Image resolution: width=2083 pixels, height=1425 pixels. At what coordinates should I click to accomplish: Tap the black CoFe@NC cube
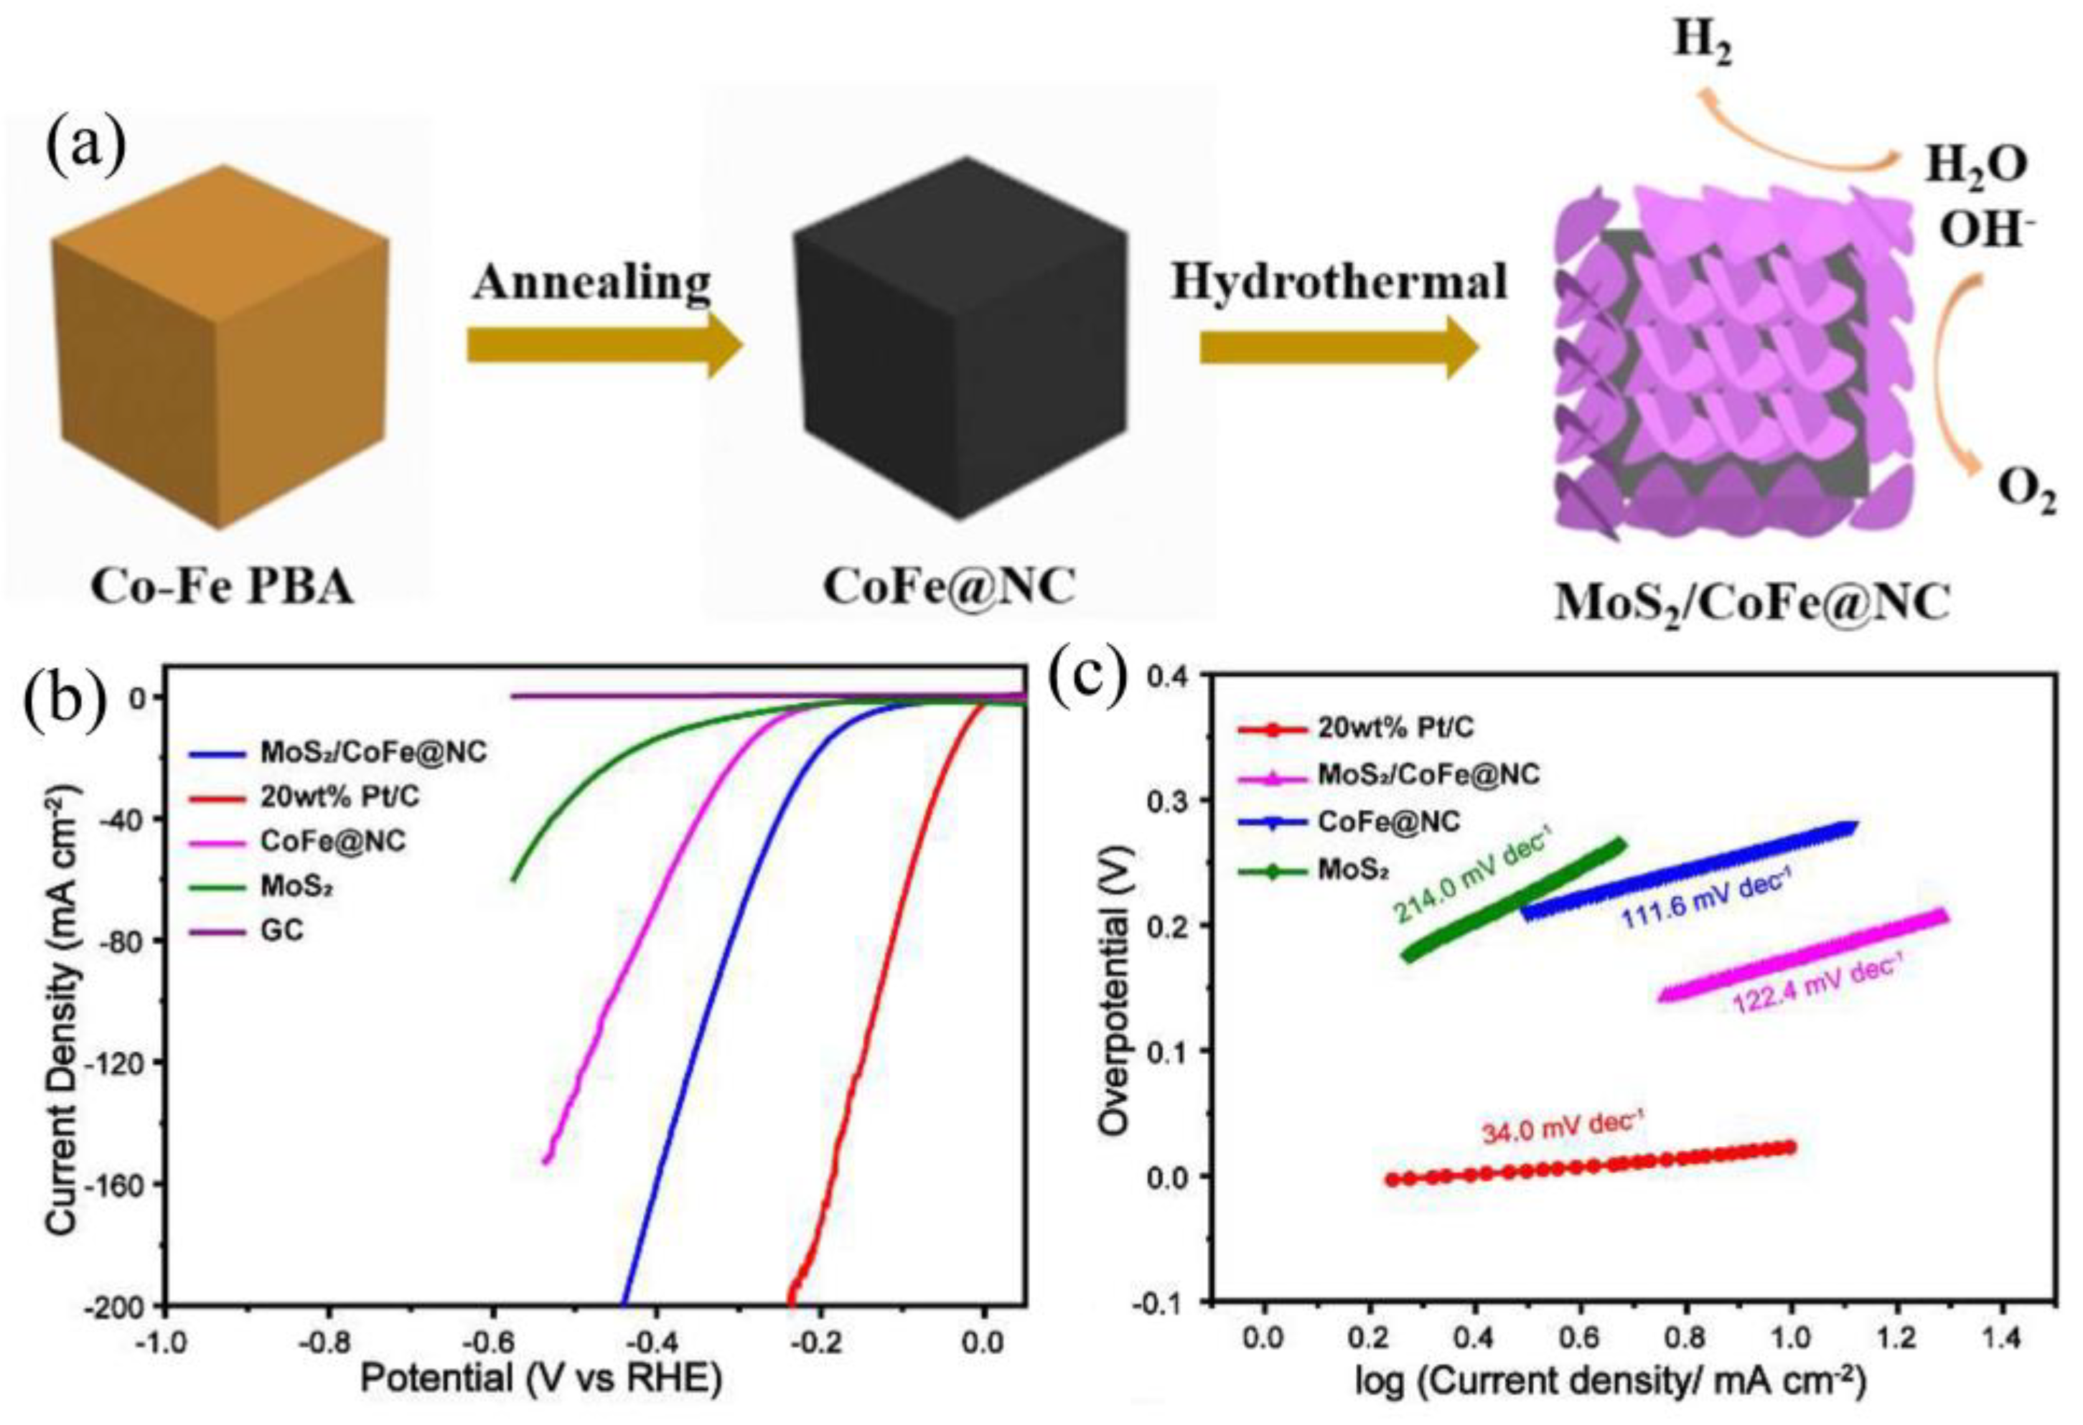pos(959,341)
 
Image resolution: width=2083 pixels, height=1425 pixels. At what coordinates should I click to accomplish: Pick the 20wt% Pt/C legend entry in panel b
pos(339,796)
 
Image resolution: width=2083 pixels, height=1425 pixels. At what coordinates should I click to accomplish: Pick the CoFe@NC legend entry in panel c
pos(1388,821)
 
